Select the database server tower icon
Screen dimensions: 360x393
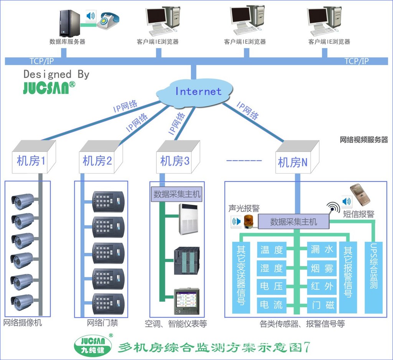pyautogui.click(x=69, y=23)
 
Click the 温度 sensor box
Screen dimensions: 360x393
pyautogui.click(x=272, y=250)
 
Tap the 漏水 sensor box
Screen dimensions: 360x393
pyautogui.click(x=322, y=250)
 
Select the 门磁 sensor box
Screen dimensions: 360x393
pyautogui.click(x=322, y=305)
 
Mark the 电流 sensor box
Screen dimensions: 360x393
pyautogui.click(x=272, y=305)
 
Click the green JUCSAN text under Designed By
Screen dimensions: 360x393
pyautogui.click(x=46, y=88)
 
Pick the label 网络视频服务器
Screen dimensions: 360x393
pyautogui.click(x=364, y=140)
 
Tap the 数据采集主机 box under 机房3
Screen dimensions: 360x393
pyautogui.click(x=177, y=194)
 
